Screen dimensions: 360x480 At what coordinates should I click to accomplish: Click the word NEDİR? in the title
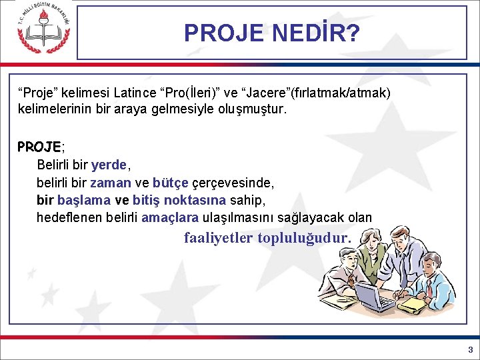click(x=316, y=33)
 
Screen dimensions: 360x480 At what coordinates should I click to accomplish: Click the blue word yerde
click(x=110, y=164)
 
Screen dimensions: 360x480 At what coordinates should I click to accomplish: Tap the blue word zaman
click(x=110, y=182)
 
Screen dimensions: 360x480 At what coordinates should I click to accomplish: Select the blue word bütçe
click(x=170, y=182)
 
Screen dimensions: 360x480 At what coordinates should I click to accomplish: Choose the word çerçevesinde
click(x=233, y=182)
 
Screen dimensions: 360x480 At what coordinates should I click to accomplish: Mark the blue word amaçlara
click(x=170, y=217)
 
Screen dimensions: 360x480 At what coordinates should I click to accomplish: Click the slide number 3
click(x=470, y=349)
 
